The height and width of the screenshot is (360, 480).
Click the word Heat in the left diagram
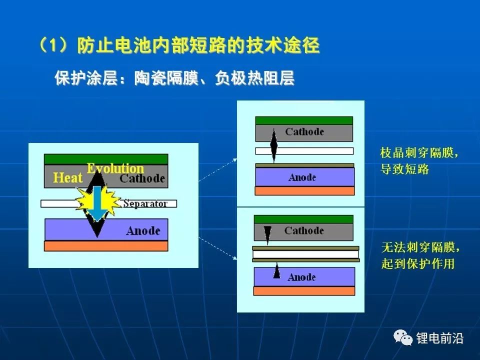[x=68, y=177]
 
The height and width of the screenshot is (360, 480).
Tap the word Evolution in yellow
[x=115, y=168]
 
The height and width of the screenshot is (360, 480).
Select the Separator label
[x=145, y=203]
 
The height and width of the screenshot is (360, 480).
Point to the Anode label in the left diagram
[x=143, y=231]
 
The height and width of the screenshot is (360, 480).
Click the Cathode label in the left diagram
[x=142, y=178]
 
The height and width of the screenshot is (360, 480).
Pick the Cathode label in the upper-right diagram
[x=304, y=132]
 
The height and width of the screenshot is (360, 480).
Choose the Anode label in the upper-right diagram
[x=302, y=177]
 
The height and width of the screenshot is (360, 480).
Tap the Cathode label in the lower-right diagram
[x=304, y=230]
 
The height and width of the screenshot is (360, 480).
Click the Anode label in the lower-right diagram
[x=301, y=277]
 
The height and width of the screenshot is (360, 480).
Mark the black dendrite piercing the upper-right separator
[x=273, y=145]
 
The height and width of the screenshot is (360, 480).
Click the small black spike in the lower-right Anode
[x=276, y=270]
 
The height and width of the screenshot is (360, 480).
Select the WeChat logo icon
[x=402, y=337]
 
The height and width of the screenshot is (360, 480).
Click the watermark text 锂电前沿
[x=439, y=338]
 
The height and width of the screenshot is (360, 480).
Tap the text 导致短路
[x=404, y=169]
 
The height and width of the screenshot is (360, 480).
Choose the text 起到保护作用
[x=418, y=263]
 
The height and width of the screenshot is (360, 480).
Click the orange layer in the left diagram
[x=106, y=246]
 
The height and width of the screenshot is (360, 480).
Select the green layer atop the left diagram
[x=106, y=159]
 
